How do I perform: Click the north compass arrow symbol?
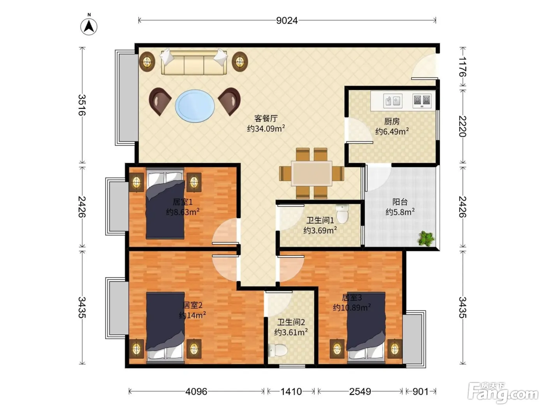point(89,26)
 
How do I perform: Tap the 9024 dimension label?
point(287,21)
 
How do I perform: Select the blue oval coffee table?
point(195,106)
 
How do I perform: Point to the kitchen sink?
point(393,100)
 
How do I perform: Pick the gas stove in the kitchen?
point(422,100)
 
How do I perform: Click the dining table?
point(311,173)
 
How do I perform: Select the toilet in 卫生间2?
point(278,350)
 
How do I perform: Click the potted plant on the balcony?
point(426,238)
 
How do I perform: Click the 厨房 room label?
point(392,122)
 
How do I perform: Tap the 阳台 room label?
point(400,202)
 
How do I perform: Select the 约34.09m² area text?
point(266,129)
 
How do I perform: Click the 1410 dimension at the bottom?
point(291,391)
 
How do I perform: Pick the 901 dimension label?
point(420,391)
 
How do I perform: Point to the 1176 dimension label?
point(462,67)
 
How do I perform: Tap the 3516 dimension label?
point(82,105)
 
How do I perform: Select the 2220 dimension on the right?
point(462,126)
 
